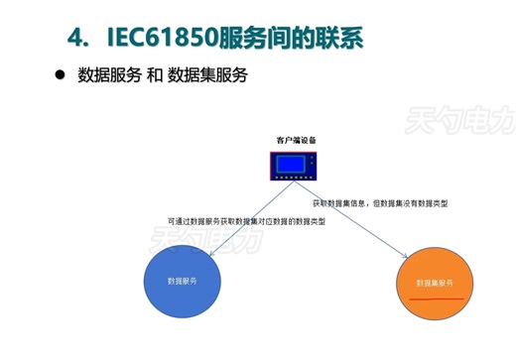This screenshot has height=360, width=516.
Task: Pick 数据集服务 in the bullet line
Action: pos(207,76)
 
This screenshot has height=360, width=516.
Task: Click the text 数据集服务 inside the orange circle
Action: pos(438,283)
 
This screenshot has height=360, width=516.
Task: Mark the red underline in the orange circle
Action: pos(438,296)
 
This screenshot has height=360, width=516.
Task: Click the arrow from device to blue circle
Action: pos(238,213)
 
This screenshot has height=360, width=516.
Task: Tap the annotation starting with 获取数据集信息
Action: pos(380,203)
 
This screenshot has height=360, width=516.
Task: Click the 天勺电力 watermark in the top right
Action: pos(457,122)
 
